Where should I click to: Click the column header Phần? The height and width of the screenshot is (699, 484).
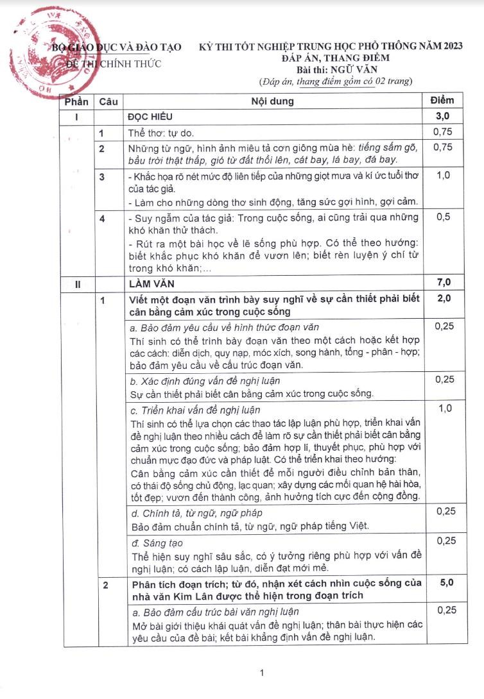(x=76, y=101)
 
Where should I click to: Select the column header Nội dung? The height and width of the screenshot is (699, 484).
(x=272, y=101)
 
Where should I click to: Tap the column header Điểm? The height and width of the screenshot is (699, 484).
(x=441, y=101)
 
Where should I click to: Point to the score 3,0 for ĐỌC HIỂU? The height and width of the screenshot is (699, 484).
(x=443, y=116)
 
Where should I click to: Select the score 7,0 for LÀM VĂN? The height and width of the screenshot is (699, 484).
(x=443, y=282)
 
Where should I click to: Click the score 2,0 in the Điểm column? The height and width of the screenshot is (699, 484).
(x=443, y=299)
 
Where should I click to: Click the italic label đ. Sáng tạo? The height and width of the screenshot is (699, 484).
(x=158, y=542)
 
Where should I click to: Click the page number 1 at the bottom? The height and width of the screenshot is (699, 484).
(x=261, y=673)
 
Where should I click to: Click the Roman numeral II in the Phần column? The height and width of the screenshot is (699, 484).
(x=77, y=283)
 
